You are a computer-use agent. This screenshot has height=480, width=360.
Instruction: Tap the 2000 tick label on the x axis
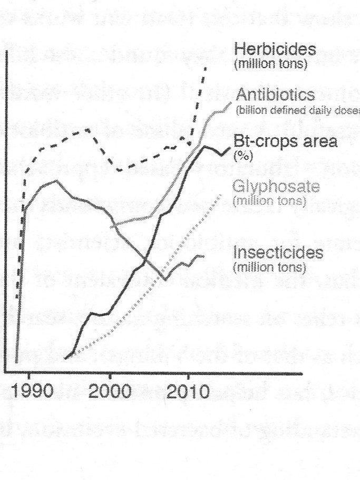[109, 393]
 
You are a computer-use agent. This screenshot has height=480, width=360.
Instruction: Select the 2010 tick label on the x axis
[187, 393]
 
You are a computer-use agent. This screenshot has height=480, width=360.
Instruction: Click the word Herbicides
[275, 51]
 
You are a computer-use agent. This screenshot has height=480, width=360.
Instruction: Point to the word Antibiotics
[275, 95]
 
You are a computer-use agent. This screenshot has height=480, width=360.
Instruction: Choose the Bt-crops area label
[285, 142]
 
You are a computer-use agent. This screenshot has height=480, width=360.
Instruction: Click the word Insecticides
[278, 253]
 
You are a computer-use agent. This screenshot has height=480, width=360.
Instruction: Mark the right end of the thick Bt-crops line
[230, 148]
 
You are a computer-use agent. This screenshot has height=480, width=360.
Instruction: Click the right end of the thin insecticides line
[204, 256]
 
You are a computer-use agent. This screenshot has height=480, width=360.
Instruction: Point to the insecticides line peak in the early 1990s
[56, 181]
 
